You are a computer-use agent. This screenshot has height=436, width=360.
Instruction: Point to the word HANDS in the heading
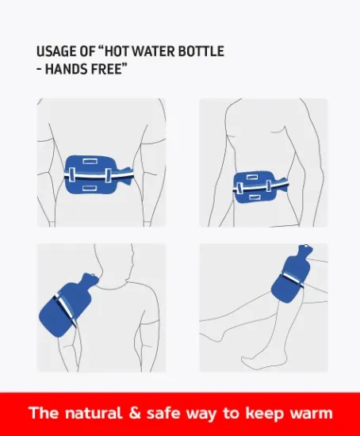[x=65, y=69]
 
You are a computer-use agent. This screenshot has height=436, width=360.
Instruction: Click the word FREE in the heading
[x=104, y=69]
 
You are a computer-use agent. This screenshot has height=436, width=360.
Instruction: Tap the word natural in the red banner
[x=94, y=413]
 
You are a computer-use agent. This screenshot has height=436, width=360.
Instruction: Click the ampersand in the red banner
[x=135, y=413]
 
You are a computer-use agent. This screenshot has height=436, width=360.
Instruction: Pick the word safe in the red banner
[x=163, y=413]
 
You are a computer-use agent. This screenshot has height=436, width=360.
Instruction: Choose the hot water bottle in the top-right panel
[x=259, y=186]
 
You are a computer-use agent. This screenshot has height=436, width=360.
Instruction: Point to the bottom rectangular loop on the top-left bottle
[x=90, y=188]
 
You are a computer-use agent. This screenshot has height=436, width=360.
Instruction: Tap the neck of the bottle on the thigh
[x=303, y=251]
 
